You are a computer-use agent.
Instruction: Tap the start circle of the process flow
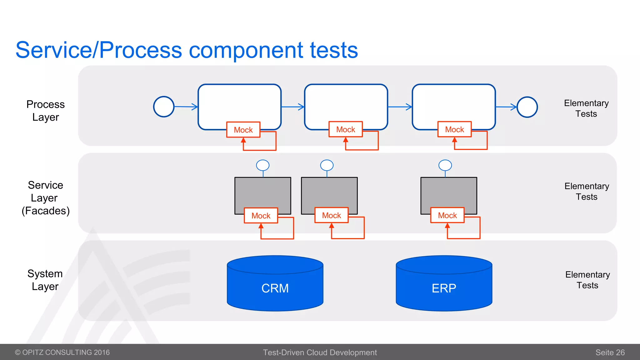164,107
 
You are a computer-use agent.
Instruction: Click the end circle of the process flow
527,107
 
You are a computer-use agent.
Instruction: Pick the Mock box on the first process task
243,130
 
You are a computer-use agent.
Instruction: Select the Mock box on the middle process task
346,129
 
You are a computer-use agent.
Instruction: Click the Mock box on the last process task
454,129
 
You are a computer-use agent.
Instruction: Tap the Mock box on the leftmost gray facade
261,216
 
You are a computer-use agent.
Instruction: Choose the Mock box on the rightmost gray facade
447,215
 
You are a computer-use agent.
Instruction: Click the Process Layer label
46,111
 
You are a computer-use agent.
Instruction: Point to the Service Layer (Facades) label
46,198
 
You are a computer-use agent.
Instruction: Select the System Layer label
45,280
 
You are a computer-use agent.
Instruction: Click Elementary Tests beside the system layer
587,280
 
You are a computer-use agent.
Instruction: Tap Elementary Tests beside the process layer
586,108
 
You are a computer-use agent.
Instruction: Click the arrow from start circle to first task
186,107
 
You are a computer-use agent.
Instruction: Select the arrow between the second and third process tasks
400,107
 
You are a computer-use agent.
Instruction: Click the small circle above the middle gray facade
327,165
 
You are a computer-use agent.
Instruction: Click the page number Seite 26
610,352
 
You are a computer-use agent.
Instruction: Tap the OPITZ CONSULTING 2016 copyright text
62,352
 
